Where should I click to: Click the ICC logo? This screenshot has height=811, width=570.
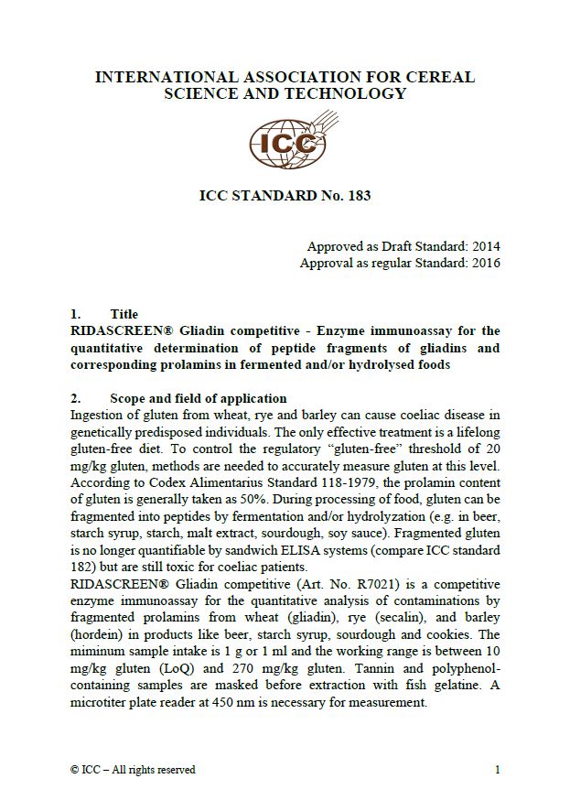tap(285, 143)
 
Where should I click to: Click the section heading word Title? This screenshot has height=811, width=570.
tap(124, 314)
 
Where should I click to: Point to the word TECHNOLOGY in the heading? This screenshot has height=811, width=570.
tap(348, 93)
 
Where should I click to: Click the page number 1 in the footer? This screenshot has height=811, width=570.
tap(497, 770)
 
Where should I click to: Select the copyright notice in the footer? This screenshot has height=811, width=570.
tap(133, 770)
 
